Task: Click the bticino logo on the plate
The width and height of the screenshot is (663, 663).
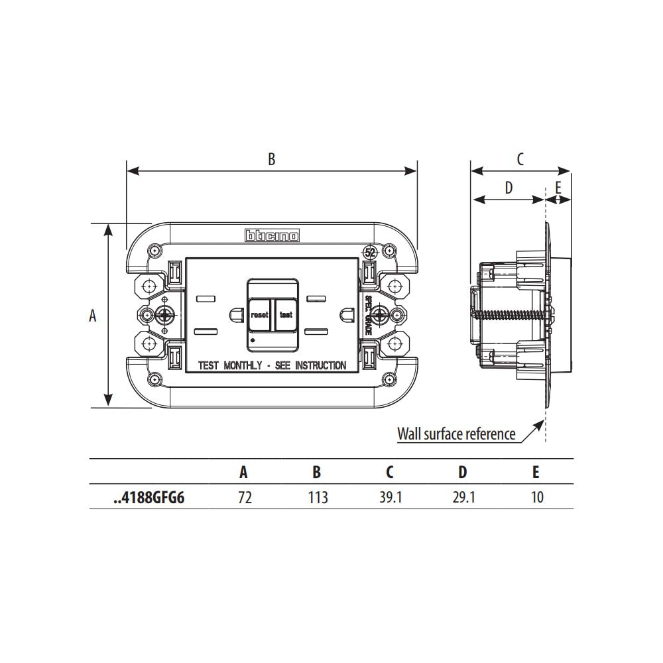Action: pos(272,235)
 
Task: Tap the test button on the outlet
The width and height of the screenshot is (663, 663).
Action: pos(286,315)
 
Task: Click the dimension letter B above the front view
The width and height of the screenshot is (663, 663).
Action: pos(271,159)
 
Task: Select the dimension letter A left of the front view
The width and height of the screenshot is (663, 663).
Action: pos(93,316)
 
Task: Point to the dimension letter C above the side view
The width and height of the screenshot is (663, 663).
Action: pos(520,159)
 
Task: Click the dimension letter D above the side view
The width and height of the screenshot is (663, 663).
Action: pos(509,188)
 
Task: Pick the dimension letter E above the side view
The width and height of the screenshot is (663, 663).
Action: pos(558,188)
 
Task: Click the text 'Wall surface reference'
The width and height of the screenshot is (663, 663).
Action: pos(456,434)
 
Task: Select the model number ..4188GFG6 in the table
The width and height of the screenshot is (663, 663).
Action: pos(149,497)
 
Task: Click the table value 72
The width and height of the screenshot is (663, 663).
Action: pos(245,497)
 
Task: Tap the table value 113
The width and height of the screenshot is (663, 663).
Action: pos(318,497)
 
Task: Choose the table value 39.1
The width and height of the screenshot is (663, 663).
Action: pos(391,497)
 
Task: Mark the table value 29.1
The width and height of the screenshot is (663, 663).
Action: pos(463,497)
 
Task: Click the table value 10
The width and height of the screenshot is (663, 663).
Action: pos(536,497)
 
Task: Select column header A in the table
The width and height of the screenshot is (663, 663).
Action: pos(244,472)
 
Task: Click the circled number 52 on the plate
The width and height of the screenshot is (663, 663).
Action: pos(370,253)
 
